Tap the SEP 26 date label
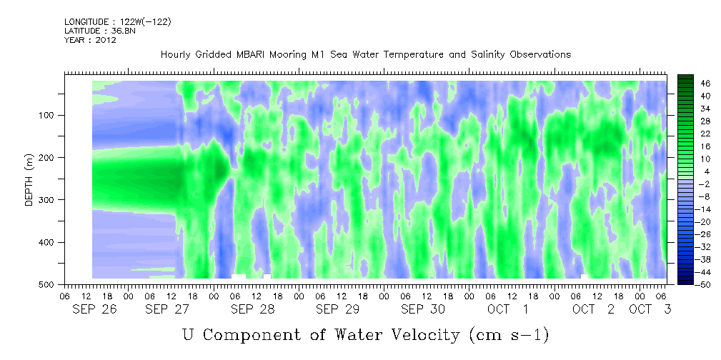pyautogui.click(x=95, y=309)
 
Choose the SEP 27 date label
pyautogui.click(x=167, y=309)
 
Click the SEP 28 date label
pyautogui.click(x=253, y=309)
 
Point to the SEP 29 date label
pyautogui.click(x=338, y=309)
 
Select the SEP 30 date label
pyautogui.click(x=423, y=309)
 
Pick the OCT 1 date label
pyautogui.click(x=507, y=309)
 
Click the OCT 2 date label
pyautogui.click(x=593, y=309)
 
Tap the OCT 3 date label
pyautogui.click(x=650, y=309)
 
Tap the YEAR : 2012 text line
pyautogui.click(x=90, y=40)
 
